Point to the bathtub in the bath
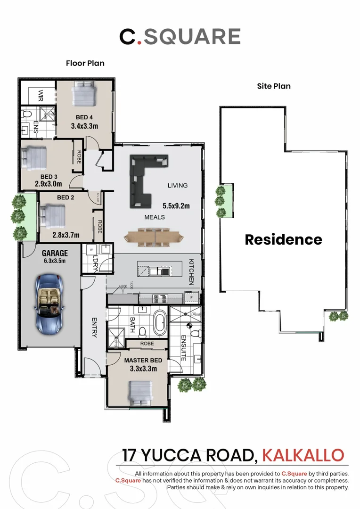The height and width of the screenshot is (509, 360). (160, 322)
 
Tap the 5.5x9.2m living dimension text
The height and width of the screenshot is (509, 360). (176, 206)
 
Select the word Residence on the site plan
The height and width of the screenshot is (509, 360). (283, 239)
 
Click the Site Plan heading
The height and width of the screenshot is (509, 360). (274, 86)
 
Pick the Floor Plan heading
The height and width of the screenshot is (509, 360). (85, 63)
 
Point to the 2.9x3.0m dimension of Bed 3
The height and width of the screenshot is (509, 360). (49, 184)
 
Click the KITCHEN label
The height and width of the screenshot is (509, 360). (192, 271)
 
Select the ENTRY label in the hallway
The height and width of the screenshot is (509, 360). (94, 327)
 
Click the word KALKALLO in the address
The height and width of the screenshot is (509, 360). (303, 455)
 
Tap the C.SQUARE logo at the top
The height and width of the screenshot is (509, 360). (180, 37)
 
